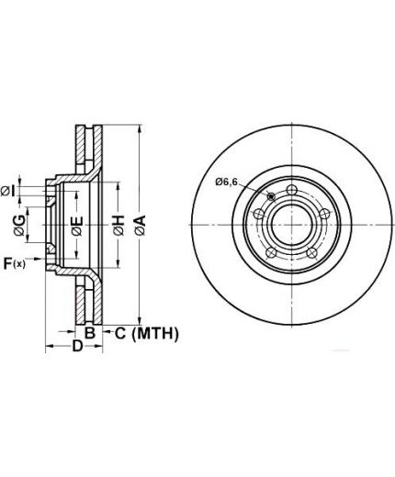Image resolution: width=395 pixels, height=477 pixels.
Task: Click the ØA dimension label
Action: [x=141, y=226]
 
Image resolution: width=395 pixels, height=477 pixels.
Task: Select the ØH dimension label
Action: [x=118, y=226]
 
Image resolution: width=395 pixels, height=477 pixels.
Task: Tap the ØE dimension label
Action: [x=77, y=226]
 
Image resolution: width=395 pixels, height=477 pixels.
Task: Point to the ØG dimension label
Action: [x=20, y=226]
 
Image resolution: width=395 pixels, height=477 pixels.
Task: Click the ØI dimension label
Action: [x=8, y=192]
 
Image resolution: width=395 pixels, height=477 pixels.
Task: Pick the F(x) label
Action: [x=14, y=263]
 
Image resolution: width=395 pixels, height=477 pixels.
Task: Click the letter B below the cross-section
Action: [x=90, y=333]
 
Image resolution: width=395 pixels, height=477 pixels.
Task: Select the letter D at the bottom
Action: [x=77, y=346]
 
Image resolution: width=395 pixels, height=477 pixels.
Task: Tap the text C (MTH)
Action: [x=147, y=333]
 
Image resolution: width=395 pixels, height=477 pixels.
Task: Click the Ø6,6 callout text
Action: [x=227, y=182]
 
